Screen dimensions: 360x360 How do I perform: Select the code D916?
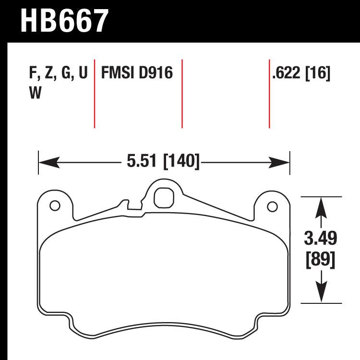pos(156,73)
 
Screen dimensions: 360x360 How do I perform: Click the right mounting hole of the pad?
pos(272,207)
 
